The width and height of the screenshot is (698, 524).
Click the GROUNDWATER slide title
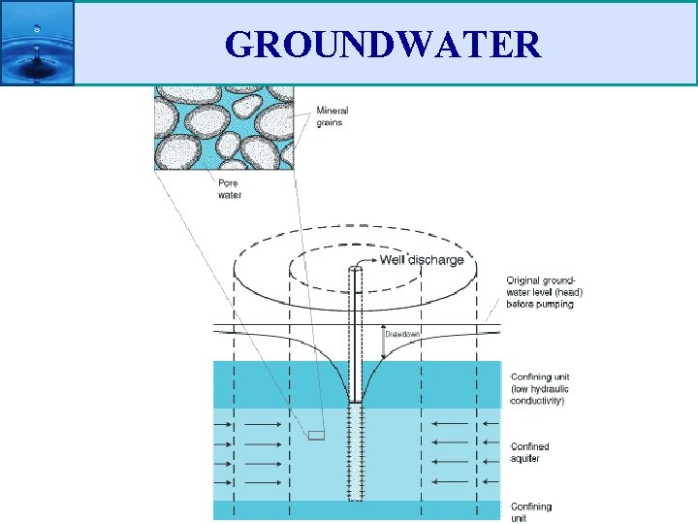382,44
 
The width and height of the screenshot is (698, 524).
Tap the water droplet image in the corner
37,43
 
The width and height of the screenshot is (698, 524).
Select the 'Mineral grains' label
332,116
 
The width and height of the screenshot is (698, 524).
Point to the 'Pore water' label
230,188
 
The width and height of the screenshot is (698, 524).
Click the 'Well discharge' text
422,260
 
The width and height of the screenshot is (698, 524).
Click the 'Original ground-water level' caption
544,292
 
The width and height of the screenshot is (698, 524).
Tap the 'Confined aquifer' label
530,452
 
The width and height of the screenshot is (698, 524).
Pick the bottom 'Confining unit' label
532,512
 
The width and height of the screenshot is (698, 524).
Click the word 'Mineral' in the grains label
333,111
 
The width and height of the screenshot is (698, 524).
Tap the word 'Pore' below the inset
229,182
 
